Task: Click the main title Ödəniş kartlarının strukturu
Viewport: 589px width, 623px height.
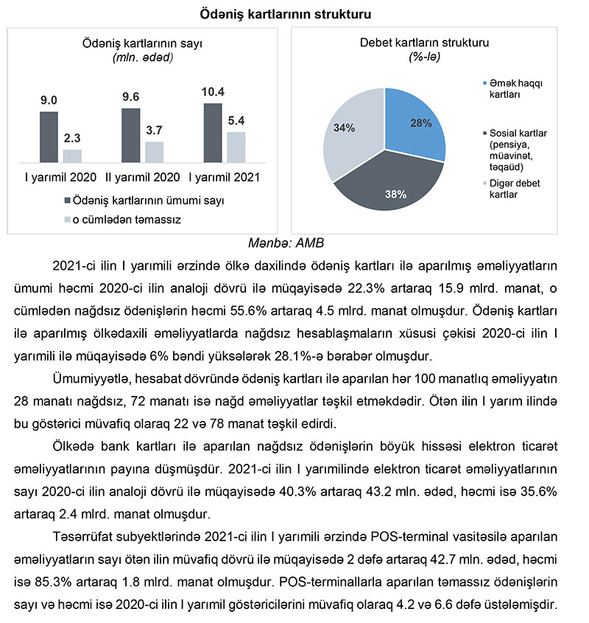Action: point(294,13)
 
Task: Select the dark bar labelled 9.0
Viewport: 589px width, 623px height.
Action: point(49,137)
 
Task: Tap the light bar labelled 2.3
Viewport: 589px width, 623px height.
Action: point(72,156)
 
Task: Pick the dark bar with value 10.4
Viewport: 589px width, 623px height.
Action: point(212,133)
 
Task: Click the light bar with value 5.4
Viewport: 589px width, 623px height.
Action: point(236,147)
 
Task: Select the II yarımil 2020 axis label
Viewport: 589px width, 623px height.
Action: point(142,178)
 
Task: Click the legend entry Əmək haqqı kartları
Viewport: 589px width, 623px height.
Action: point(515,88)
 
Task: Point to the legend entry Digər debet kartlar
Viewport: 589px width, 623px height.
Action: point(515,189)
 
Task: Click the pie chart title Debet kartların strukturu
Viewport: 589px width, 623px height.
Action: point(424,43)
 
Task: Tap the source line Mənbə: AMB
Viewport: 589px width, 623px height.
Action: point(294,241)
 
